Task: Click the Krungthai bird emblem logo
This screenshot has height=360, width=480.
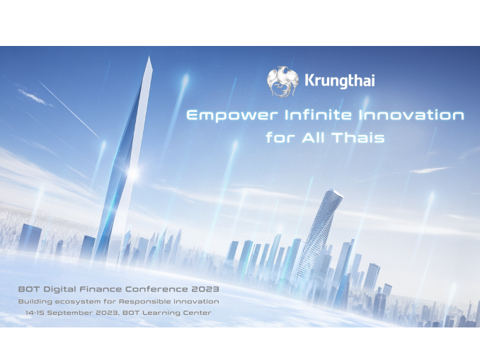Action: coord(282,81)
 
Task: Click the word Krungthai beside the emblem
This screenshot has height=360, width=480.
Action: coord(340,81)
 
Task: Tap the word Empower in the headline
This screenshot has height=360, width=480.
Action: coord(232,116)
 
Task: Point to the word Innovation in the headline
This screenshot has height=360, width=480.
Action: coord(411,115)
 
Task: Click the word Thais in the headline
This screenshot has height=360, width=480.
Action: coord(358,137)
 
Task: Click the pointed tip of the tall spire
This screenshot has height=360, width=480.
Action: coord(149,57)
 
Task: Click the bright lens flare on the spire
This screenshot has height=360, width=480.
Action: coord(132,173)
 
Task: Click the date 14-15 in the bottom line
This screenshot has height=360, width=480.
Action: coord(35,313)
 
